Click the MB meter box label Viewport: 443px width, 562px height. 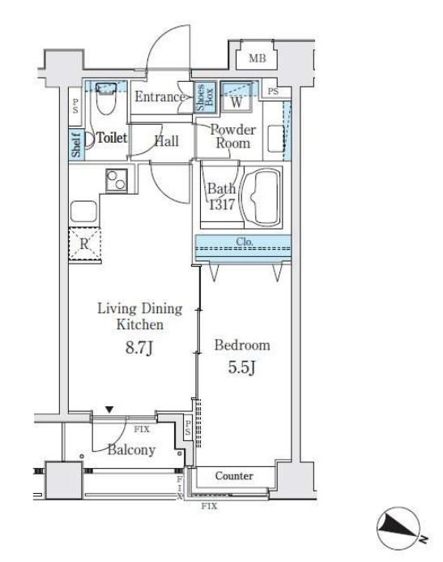[x=258, y=58]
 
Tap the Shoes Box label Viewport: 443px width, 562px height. [x=205, y=97]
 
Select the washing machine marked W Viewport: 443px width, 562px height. [x=236, y=97]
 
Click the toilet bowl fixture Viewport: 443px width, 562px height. [x=106, y=98]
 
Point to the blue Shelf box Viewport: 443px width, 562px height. [x=76, y=144]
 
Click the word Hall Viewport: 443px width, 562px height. [x=166, y=141]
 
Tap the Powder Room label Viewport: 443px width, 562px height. [x=233, y=136]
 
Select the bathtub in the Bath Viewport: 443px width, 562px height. [x=262, y=197]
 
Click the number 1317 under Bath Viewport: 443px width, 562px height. [x=222, y=204]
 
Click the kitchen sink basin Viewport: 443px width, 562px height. [x=83, y=212]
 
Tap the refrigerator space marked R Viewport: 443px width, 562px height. [x=84, y=243]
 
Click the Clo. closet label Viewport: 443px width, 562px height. [x=245, y=242]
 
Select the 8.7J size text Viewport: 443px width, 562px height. [x=139, y=347]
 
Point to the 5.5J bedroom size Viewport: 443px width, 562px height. [x=242, y=367]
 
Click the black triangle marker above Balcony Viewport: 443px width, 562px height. [x=109, y=410]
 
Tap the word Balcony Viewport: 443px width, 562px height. [x=132, y=450]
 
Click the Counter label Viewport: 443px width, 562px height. [x=234, y=475]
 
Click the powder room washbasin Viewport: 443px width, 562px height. [x=275, y=139]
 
